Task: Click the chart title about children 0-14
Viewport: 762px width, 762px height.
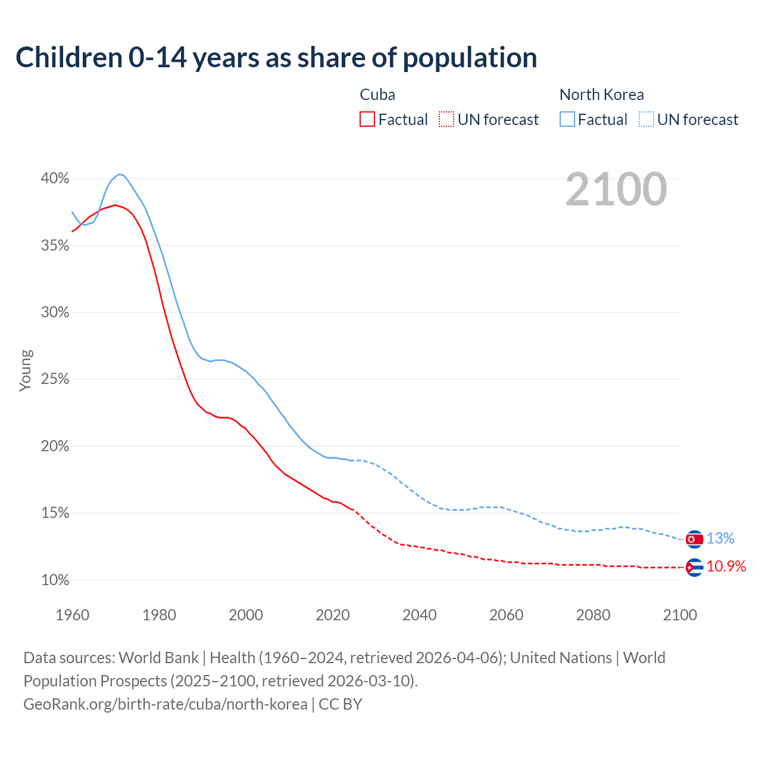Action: pos(276,58)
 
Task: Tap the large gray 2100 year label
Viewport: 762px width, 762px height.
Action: pos(616,189)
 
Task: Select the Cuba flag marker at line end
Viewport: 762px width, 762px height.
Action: pos(694,567)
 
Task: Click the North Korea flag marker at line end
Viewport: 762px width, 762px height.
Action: pos(694,539)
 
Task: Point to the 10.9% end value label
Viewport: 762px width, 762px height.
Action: pos(726,566)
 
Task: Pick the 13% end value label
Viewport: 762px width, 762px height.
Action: pos(720,538)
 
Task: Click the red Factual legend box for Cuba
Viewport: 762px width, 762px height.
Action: pos(367,120)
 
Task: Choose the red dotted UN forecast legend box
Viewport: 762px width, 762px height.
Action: pos(446,120)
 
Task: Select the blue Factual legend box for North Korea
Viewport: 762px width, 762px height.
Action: pos(567,120)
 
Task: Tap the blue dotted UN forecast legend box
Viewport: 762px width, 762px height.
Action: pos(646,120)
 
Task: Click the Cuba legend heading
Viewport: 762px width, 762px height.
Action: pos(377,95)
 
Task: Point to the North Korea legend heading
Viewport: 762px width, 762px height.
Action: pos(601,95)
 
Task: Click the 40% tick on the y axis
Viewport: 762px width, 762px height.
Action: pos(55,179)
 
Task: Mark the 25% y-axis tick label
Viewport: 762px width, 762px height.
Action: pos(55,379)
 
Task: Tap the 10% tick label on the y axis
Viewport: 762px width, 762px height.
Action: pos(55,580)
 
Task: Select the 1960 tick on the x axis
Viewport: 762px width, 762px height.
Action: pos(72,615)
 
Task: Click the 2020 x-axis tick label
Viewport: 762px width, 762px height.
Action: pos(333,615)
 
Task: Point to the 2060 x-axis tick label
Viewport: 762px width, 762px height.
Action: pos(506,615)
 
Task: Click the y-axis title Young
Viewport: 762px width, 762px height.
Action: pos(26,370)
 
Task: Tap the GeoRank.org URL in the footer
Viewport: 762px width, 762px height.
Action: pos(165,704)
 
